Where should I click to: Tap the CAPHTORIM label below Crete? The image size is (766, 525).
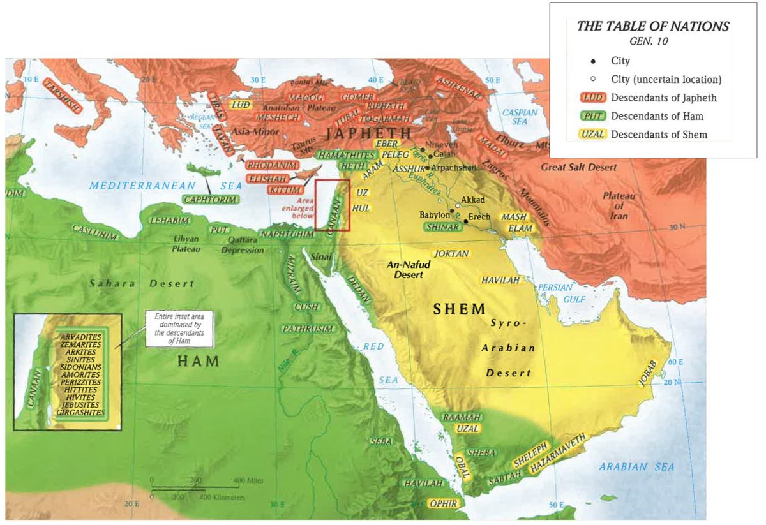click(211, 200)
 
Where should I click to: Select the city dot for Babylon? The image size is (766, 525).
click(452, 211)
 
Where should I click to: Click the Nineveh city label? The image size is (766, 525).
click(438, 144)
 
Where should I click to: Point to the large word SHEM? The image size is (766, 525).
click(459, 310)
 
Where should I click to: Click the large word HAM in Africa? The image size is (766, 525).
click(198, 362)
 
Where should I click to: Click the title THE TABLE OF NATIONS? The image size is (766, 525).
click(652, 27)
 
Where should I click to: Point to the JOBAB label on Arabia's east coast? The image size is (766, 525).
click(646, 373)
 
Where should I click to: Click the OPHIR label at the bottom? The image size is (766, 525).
click(444, 503)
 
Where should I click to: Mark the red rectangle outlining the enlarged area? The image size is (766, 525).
click(332, 204)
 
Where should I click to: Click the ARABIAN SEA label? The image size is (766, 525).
click(636, 467)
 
